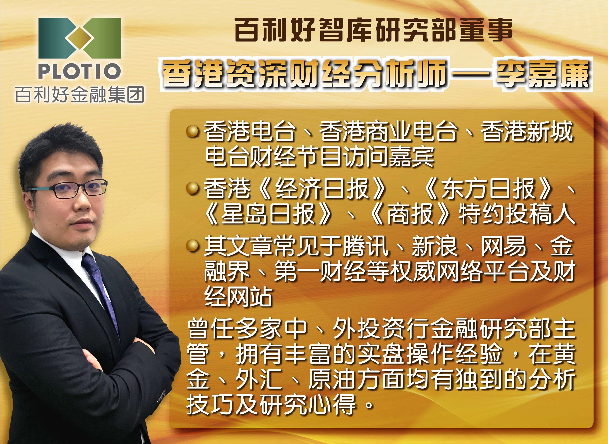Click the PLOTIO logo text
click(79, 71)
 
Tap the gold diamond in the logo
click(79, 38)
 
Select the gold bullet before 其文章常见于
click(192, 246)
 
